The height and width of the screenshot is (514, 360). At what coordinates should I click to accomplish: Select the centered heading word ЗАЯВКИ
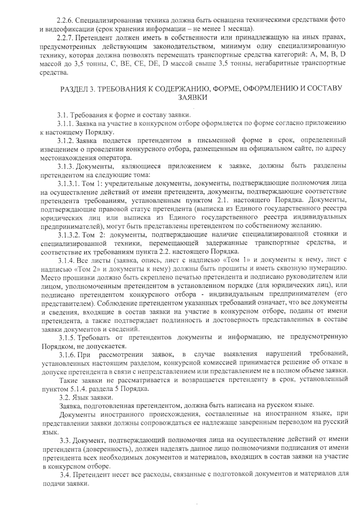[193, 97]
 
